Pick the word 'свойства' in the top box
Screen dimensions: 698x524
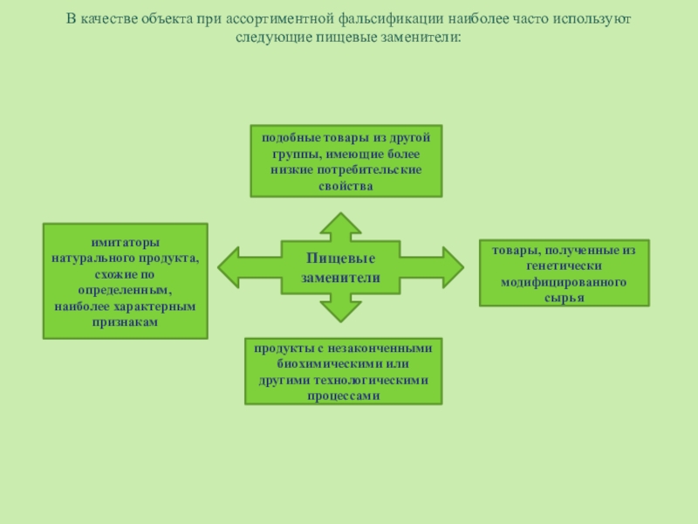click(346, 186)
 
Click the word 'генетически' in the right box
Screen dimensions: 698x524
click(565, 266)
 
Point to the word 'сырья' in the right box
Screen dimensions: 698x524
click(565, 298)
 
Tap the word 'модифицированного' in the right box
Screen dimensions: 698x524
click(565, 282)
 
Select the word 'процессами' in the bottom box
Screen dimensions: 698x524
click(344, 395)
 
